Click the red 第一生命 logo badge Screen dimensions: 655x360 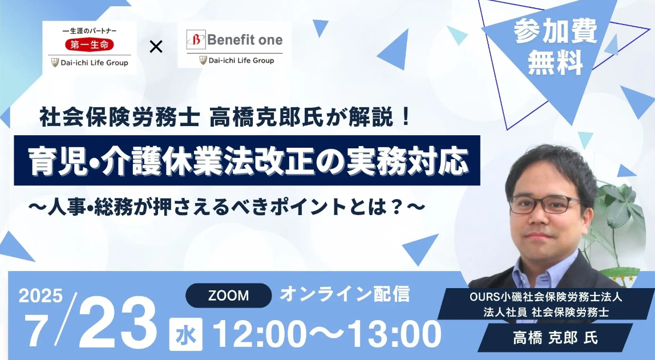[90, 45]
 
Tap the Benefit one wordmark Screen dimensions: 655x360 [245, 40]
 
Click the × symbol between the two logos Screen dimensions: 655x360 [156, 47]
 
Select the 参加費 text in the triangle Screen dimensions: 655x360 [556, 31]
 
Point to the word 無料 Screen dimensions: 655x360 [556, 63]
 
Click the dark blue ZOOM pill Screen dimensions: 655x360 [228, 296]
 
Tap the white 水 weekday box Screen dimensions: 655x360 [186, 334]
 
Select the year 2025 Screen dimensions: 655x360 [41, 296]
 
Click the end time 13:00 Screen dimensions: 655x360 [394, 334]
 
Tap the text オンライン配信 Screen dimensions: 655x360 [345, 294]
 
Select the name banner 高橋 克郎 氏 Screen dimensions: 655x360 [556, 337]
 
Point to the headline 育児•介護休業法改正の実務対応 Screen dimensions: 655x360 [247, 160]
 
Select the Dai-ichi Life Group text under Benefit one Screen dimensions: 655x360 [241, 60]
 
